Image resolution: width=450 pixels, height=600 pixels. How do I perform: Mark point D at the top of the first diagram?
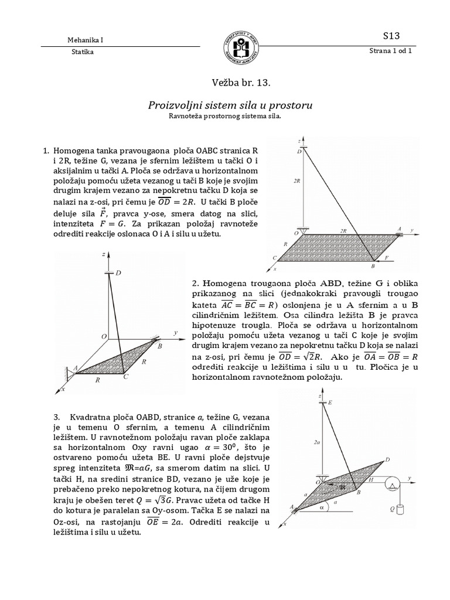point(299,152)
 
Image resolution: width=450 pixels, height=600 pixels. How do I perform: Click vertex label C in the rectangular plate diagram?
point(274,257)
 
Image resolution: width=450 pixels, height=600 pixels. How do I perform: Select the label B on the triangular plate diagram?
point(160,346)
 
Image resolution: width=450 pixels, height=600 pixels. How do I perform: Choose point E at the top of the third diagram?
point(330,403)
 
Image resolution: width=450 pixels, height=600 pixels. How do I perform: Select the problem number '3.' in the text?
point(56,417)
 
